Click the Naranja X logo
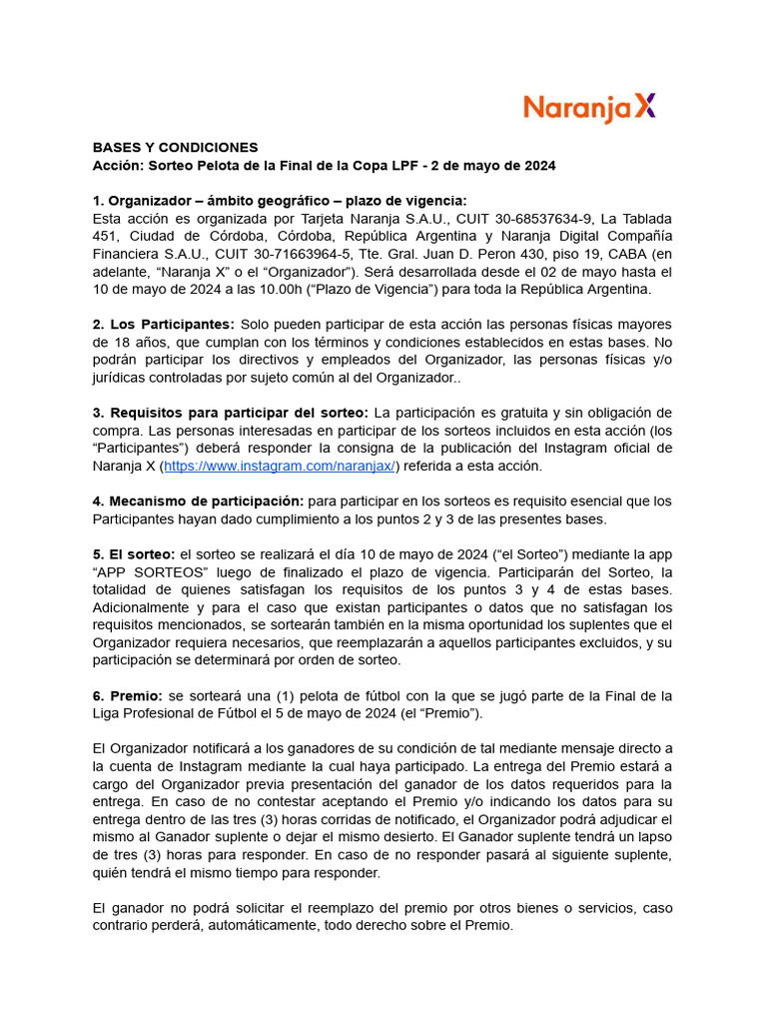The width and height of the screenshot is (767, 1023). [x=590, y=108]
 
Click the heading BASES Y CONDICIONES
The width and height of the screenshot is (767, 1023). [x=176, y=147]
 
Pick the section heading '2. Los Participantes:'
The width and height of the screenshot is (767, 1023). [x=164, y=325]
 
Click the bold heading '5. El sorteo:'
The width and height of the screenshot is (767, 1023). [x=134, y=553]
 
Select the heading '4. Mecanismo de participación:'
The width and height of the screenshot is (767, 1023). [x=198, y=501]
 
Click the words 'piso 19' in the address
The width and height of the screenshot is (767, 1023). [x=513, y=254]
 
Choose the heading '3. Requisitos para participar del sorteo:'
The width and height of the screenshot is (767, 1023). [x=231, y=413]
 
